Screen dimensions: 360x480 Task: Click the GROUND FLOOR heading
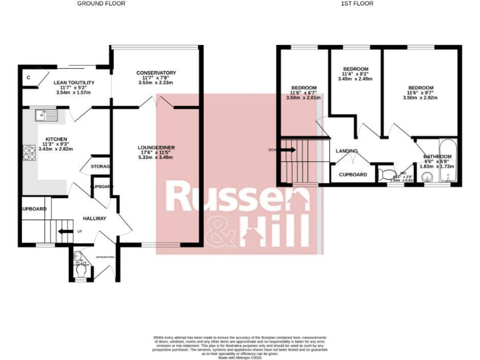click(101, 4)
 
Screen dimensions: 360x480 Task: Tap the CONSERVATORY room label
click(156, 73)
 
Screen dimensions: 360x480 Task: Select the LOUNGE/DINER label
click(156, 147)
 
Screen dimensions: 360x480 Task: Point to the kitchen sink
click(46, 114)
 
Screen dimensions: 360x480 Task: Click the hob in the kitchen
click(29, 152)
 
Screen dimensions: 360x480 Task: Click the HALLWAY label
click(94, 218)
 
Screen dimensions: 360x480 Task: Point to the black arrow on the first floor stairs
click(288, 149)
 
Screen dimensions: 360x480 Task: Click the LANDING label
click(347, 151)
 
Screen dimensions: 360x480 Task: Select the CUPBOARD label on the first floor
click(353, 174)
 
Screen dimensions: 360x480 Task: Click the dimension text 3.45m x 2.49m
click(355, 79)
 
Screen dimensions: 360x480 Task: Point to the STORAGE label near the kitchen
click(100, 167)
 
